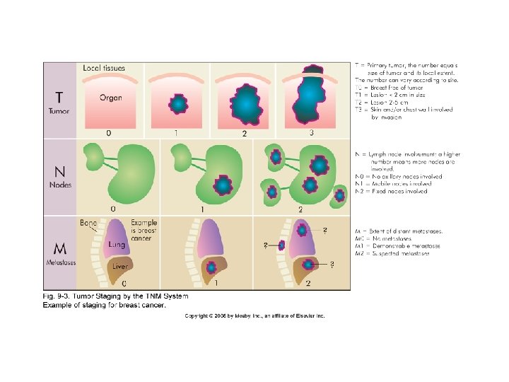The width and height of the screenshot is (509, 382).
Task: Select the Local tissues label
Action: point(104,69)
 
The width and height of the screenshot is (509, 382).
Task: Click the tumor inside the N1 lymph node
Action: point(223,185)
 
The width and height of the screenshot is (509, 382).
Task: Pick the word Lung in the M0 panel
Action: point(117,244)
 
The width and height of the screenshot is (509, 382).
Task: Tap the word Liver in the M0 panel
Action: point(119,267)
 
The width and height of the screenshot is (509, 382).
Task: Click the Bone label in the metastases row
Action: point(88,224)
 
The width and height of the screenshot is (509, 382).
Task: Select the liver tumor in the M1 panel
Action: point(211,268)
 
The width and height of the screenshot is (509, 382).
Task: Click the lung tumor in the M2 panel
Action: point(303,231)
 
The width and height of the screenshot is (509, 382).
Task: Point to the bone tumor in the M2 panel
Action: point(282,245)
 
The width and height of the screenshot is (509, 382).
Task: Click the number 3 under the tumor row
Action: point(311,132)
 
